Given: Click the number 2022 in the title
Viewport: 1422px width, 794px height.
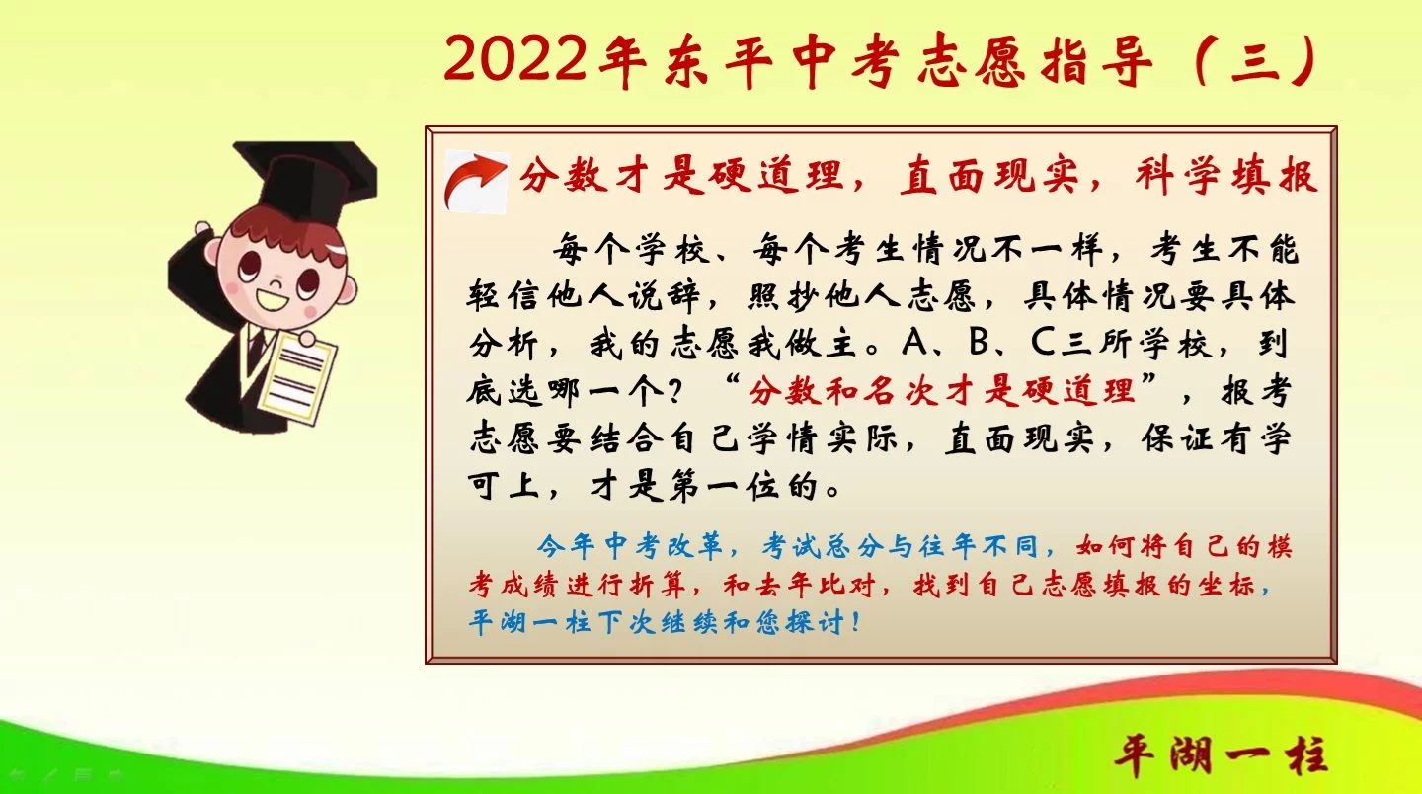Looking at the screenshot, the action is [514, 59].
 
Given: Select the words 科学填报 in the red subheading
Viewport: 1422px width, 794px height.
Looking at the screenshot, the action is [1226, 176].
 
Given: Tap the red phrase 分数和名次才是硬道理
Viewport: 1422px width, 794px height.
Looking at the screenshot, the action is [942, 390].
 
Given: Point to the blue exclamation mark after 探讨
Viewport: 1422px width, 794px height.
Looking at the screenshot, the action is [858, 621].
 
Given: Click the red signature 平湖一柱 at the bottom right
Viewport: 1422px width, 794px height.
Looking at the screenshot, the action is [1222, 755].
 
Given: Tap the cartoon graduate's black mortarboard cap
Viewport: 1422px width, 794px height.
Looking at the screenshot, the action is [305, 180].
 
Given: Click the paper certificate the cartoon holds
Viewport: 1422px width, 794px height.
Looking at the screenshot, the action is [297, 377].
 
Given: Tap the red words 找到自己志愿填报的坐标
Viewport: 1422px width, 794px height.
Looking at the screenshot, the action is [1084, 585].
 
